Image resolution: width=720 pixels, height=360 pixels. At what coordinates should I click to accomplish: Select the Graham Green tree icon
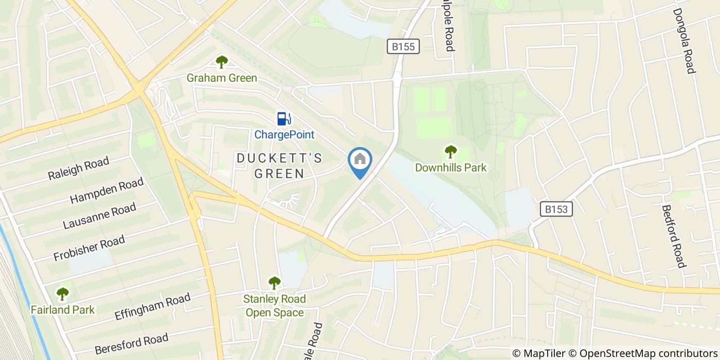(x=222, y=62)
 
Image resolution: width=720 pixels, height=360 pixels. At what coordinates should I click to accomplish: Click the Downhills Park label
(x=451, y=168)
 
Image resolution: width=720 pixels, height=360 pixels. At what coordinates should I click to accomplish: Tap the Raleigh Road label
(x=79, y=169)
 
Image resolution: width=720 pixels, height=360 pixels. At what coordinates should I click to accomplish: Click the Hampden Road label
(x=106, y=191)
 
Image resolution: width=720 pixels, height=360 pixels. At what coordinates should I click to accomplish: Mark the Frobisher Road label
(x=89, y=248)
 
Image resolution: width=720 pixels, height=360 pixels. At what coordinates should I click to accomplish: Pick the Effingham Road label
(x=153, y=308)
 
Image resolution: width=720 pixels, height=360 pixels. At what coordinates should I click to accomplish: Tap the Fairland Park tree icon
(x=63, y=294)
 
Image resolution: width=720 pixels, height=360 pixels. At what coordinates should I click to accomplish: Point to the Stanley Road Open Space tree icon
(x=275, y=283)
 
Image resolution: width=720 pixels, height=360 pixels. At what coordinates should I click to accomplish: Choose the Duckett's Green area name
(x=280, y=166)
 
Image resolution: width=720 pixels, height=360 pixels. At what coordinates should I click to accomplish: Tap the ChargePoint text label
(x=284, y=135)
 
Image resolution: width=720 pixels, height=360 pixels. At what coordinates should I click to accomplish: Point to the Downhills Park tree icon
(x=451, y=152)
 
